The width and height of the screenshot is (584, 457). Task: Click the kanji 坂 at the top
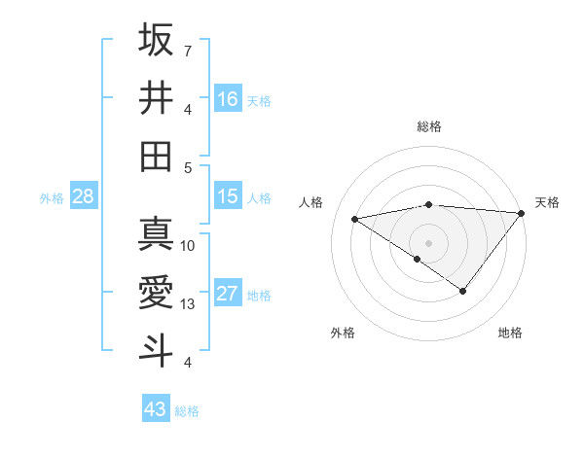click(156, 40)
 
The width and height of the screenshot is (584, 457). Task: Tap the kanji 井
click(156, 98)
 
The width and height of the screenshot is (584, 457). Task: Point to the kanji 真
click(156, 234)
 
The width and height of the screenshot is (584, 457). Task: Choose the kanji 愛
click(156, 293)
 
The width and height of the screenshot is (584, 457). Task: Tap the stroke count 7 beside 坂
click(187, 50)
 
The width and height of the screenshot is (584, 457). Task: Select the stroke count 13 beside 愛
click(188, 304)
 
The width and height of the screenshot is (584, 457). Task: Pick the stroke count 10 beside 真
click(188, 246)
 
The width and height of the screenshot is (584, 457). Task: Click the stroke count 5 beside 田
click(187, 167)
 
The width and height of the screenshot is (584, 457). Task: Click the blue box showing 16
click(228, 99)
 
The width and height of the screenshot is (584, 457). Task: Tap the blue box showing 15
click(228, 196)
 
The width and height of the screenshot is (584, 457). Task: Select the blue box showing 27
click(228, 294)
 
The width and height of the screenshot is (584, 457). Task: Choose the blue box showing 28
click(83, 196)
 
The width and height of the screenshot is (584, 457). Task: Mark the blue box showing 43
click(155, 409)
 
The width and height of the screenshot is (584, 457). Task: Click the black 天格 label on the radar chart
click(547, 202)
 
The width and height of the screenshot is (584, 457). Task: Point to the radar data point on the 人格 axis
click(354, 218)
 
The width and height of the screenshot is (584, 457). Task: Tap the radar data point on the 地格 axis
click(463, 291)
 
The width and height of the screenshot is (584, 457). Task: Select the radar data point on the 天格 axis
click(523, 213)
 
